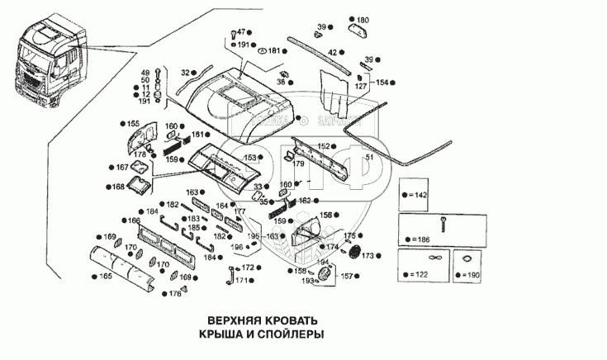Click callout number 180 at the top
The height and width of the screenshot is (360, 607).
point(363,19)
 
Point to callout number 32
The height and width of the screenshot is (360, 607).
point(185,72)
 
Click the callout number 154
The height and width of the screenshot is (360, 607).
point(381,83)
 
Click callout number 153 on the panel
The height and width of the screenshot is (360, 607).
point(249,157)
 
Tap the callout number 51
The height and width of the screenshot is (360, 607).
point(369,157)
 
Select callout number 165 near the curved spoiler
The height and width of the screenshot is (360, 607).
point(106,276)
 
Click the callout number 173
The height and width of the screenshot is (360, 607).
point(368,255)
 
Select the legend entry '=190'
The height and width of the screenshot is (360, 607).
point(471,273)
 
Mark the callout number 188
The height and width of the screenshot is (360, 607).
point(118,187)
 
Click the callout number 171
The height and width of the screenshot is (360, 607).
point(241,281)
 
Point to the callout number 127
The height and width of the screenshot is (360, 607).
point(361,85)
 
